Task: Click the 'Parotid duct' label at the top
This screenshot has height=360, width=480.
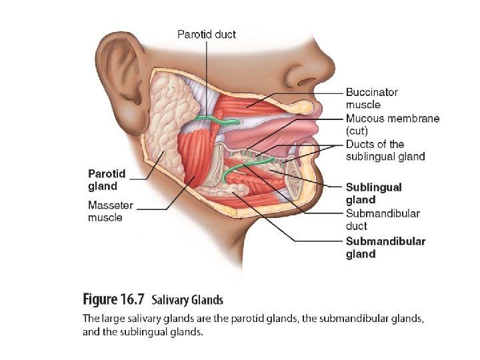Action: pos(206,34)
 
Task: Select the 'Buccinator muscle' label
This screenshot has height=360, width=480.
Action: pos(371,99)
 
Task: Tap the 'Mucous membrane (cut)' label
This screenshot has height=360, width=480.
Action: pos(392,125)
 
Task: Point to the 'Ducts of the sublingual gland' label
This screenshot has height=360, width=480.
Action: pos(385,150)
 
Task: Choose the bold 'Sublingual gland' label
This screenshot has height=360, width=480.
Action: pos(373,193)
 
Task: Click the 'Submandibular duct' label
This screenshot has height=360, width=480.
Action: pos(382,219)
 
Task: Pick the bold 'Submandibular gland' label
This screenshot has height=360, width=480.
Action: pos(385,247)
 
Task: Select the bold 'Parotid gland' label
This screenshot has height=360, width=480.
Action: pos(107,180)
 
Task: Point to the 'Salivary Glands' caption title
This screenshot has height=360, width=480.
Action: pos(187,300)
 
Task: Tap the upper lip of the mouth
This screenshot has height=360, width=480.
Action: pos(312,107)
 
